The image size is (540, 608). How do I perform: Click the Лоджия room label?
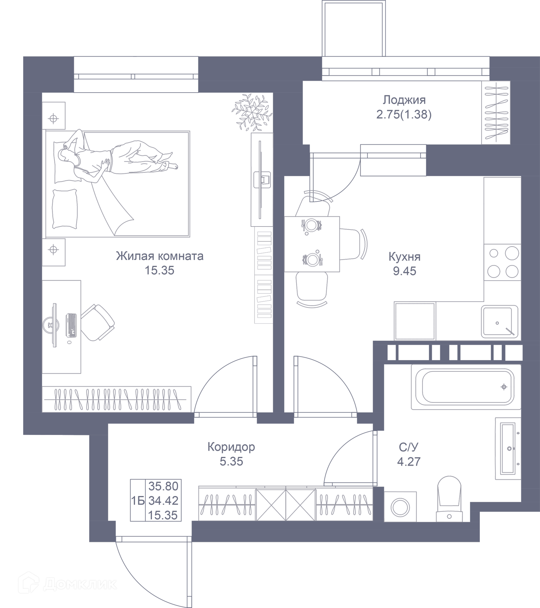click(404, 100)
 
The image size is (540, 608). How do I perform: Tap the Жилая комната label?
click(160, 256)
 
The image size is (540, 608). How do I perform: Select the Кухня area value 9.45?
click(404, 271)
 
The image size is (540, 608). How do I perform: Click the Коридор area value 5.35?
click(231, 461)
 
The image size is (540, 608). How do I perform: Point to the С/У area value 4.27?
click(409, 461)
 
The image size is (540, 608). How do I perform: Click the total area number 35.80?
click(163, 486)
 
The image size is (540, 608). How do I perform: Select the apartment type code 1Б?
click(138, 501)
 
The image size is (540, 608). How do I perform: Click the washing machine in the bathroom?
click(400, 506)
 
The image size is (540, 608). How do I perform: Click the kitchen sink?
click(499, 321)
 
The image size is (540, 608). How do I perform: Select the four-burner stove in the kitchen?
click(502, 262)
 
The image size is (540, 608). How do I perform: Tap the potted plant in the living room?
click(252, 113)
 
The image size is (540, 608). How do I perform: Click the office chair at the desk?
click(98, 322)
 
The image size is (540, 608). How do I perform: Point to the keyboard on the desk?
click(71, 326)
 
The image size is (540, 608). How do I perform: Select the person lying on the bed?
click(119, 158)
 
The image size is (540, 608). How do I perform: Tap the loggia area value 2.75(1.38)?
click(404, 115)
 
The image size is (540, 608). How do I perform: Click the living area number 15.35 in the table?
click(163, 515)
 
